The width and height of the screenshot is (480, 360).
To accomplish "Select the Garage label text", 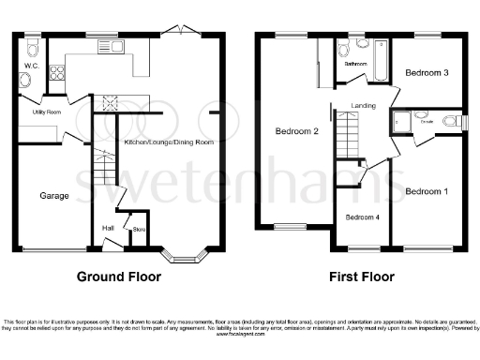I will [x=52, y=197].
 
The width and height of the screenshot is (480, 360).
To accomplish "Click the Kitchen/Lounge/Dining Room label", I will [x=169, y=142].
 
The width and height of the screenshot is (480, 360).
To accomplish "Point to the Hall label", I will [x=108, y=228].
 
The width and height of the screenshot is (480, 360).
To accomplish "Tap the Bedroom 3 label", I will [x=427, y=72].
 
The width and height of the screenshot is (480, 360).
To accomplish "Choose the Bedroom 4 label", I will [x=363, y=217].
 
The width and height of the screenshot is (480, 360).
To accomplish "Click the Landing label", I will [x=364, y=106].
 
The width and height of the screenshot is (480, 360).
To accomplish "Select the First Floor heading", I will [x=361, y=277].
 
